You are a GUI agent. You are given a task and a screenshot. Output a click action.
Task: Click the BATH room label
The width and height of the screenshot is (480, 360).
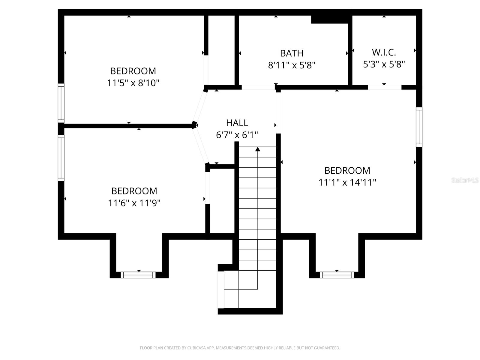coord(292,53)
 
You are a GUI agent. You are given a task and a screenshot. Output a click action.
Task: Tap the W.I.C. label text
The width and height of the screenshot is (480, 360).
coord(384,52)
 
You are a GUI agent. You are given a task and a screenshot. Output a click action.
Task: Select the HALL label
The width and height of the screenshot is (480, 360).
coord(237,123)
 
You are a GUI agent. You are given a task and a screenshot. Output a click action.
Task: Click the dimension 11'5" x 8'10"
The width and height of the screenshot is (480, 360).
coord(133,83)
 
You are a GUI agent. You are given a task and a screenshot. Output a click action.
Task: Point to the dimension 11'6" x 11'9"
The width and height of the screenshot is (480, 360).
coord(134,203)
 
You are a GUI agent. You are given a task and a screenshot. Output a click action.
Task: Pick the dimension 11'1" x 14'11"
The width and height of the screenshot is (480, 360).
coord(347,182)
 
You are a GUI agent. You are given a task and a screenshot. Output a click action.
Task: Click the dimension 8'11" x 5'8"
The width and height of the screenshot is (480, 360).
coord(292,65)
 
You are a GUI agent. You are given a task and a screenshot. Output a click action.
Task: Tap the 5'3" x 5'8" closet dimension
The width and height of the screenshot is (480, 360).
coord(384,64)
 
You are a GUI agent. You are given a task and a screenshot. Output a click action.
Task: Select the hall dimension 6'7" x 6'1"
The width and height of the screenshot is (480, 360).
coord(237,135)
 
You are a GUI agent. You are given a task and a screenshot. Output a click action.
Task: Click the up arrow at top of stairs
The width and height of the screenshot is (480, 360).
coord(258,149)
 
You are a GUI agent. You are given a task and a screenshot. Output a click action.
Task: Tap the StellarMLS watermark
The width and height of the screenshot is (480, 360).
coord(465,180)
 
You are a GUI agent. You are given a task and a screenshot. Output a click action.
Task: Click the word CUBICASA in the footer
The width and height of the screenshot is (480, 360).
coord(198,348)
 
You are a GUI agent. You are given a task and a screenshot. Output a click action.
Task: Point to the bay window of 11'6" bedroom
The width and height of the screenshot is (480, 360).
coord(138,275)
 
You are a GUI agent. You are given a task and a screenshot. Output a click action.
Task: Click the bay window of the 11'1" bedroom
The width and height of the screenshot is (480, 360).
coord(337,275)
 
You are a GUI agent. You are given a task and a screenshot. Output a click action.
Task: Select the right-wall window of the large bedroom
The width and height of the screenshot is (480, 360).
coord(419,127)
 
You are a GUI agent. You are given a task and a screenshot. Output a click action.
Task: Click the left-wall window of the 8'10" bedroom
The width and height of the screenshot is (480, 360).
coord(61,103)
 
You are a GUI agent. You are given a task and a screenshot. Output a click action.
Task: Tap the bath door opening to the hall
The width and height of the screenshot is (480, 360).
coord(258,87)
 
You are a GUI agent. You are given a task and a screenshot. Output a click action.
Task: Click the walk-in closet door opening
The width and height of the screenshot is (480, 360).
coord(385,87)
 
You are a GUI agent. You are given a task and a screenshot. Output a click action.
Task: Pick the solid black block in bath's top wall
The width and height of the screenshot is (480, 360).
coord(330,19)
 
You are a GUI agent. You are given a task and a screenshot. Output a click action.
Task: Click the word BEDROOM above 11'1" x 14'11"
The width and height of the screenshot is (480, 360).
coord(347,170)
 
